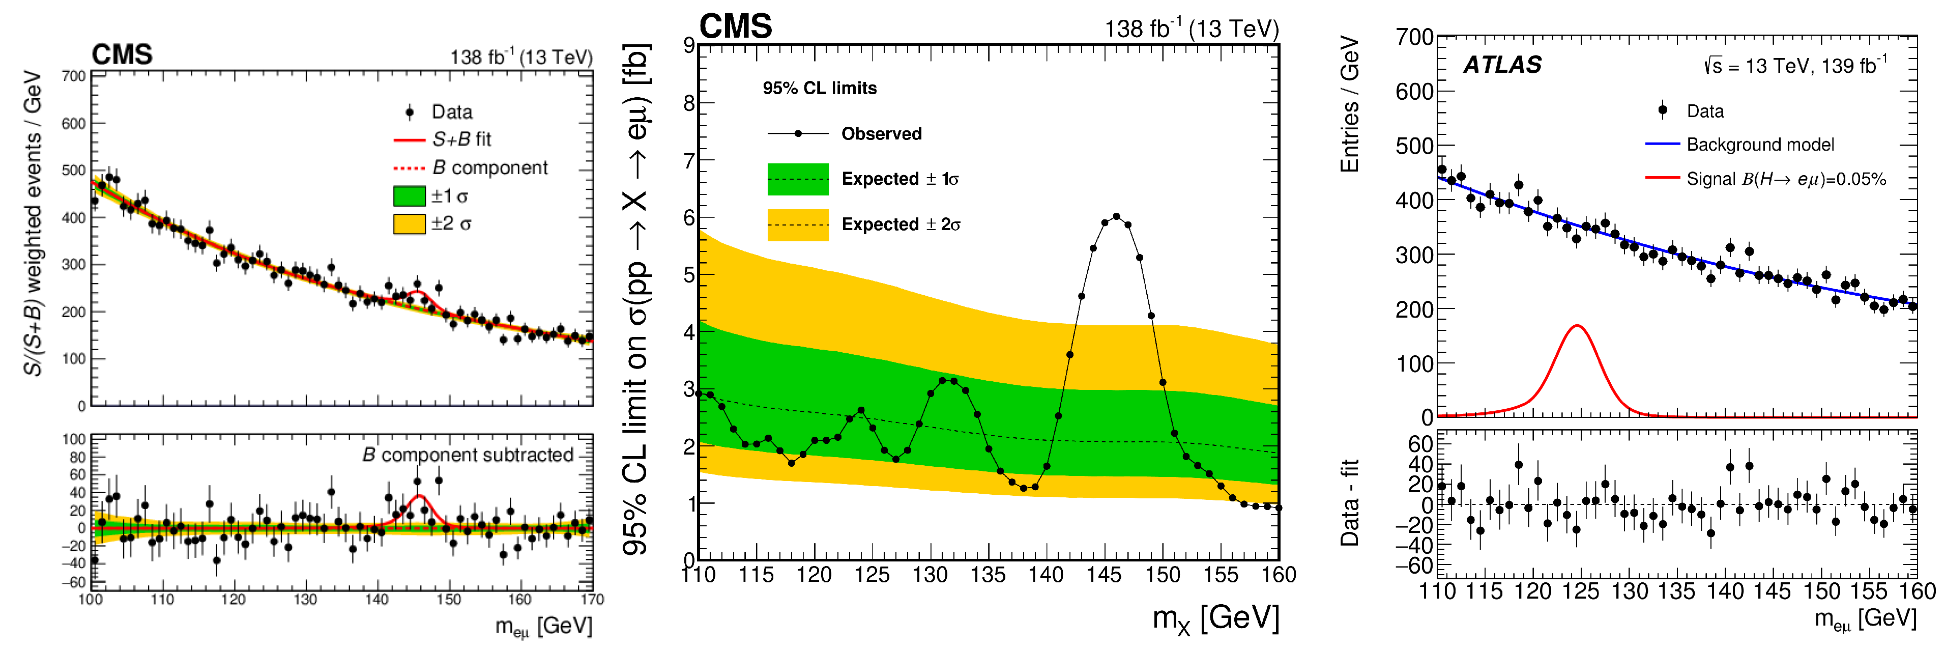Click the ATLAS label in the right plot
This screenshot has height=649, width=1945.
click(1502, 65)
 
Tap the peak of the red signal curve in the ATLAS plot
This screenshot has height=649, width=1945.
click(1577, 326)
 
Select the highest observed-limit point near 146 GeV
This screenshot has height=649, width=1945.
click(1116, 217)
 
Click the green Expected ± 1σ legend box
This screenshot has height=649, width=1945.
click(797, 179)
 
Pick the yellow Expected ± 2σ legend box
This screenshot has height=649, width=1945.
click(797, 224)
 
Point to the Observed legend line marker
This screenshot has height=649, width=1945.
click(797, 134)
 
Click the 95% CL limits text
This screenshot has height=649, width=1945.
click(819, 89)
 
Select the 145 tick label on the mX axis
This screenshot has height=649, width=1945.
click(1104, 575)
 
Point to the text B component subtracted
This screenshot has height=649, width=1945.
click(468, 455)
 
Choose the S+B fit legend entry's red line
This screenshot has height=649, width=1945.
click(409, 140)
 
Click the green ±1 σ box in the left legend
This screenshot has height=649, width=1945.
click(409, 196)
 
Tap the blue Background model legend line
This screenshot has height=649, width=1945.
click(1662, 144)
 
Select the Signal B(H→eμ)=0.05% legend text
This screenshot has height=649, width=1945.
click(1786, 179)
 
